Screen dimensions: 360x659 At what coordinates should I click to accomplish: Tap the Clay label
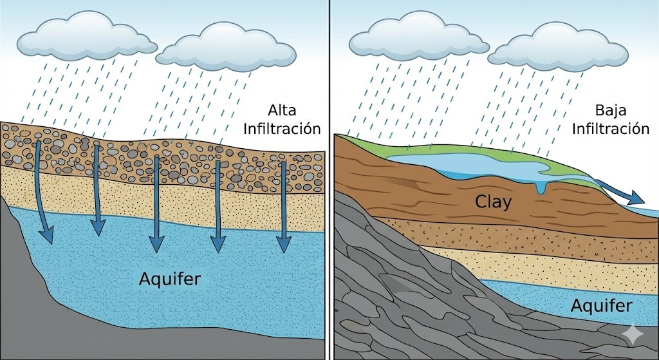click(x=493, y=202)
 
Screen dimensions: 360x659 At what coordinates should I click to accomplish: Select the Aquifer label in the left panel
click(x=169, y=279)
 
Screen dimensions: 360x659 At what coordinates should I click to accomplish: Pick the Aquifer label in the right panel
click(x=601, y=305)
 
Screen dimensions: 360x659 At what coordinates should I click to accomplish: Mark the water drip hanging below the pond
click(x=539, y=187)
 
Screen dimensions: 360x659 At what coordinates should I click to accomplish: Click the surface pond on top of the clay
click(x=463, y=166)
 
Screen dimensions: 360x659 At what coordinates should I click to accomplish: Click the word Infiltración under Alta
click(x=281, y=128)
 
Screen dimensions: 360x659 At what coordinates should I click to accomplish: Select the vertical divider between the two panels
click(x=329, y=180)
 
